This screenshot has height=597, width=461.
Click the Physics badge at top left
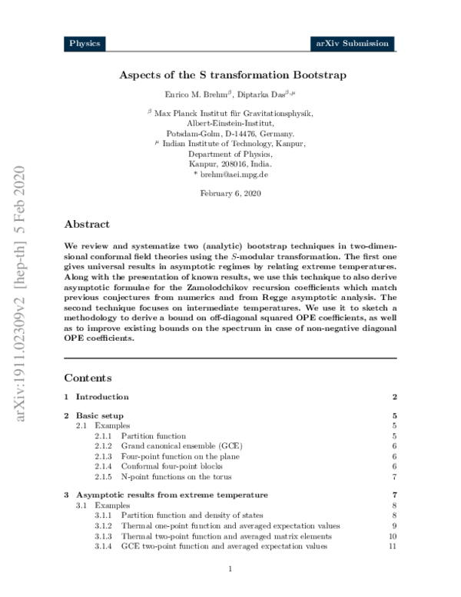click(x=85, y=44)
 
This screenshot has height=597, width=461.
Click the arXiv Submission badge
click(x=353, y=44)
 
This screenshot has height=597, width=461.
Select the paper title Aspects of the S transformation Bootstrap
click(x=232, y=75)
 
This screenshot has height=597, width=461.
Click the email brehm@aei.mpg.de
click(x=234, y=175)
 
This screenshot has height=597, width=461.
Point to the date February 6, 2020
click(x=231, y=193)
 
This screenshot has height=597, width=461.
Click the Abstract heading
click(x=87, y=225)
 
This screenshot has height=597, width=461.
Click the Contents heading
click(x=88, y=378)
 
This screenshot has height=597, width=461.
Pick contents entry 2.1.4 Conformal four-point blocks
click(x=162, y=465)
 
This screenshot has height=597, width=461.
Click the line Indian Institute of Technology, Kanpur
click(x=234, y=144)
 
